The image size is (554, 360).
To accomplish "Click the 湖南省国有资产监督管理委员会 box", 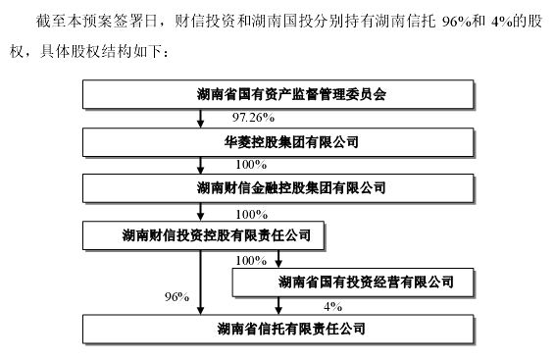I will click(x=277, y=95).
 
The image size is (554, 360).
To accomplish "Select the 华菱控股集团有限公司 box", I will click(x=277, y=142).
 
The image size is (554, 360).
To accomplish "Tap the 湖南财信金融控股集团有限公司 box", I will click(x=277, y=188).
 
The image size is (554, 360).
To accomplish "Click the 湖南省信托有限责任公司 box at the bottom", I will click(x=277, y=327).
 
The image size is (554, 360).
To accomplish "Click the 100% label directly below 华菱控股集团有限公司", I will click(x=251, y=165).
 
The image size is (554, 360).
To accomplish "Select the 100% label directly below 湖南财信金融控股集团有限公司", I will click(x=251, y=212).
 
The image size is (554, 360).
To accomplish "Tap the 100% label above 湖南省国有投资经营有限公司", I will click(x=251, y=260).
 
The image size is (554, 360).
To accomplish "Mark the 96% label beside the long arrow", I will click(x=176, y=296).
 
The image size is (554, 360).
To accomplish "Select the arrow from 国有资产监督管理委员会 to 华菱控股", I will click(x=202, y=119).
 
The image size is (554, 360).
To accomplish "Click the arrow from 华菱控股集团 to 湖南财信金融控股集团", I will click(x=202, y=165).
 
